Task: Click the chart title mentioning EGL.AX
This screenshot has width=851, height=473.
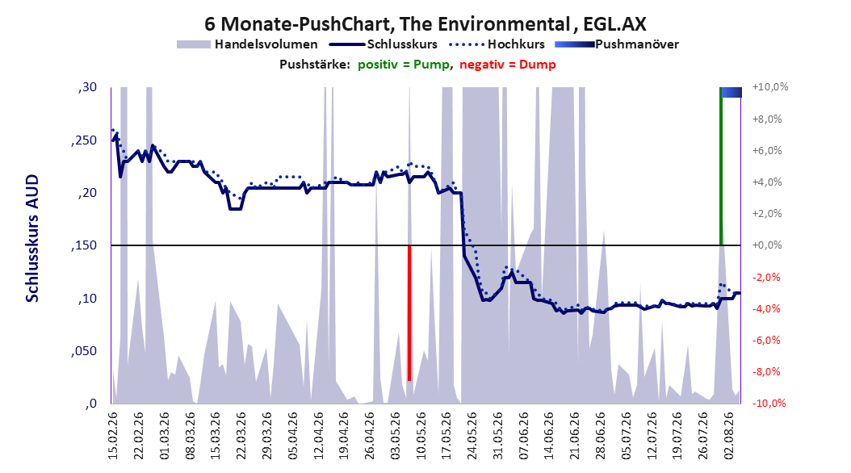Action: point(425,24)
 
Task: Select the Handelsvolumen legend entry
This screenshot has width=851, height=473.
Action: point(248,44)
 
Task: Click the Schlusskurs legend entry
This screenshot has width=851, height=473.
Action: point(384,44)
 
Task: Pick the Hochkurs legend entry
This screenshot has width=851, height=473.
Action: point(497,44)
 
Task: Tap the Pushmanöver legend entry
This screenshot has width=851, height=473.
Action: point(617,44)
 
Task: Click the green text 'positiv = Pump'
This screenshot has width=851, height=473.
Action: point(403,65)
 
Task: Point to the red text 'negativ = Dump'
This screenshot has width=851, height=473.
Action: point(508,65)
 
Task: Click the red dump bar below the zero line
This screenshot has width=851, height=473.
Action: point(409,313)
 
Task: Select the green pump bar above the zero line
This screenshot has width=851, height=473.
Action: point(721,166)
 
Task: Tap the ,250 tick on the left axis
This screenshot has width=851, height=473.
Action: point(84,140)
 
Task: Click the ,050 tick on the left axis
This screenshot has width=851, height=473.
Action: point(84,351)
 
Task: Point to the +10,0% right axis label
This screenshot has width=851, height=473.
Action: point(770,87)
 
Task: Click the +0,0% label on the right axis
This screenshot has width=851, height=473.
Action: point(767,245)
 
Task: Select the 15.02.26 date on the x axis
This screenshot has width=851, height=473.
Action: point(113,436)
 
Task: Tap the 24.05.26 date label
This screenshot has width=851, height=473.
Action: point(472,436)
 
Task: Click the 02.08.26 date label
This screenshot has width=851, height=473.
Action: point(729,436)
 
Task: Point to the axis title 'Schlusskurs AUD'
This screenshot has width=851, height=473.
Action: point(32,239)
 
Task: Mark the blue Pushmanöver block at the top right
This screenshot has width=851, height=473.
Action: point(731,92)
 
